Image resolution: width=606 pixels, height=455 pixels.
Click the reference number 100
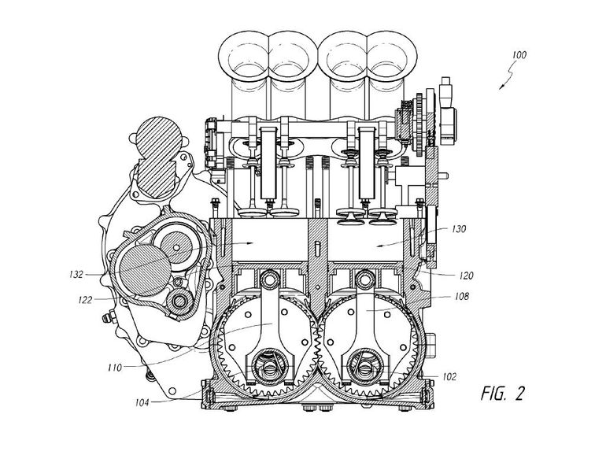(519, 55)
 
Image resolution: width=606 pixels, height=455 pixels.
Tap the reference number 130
(459, 229)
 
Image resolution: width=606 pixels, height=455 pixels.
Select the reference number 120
(466, 276)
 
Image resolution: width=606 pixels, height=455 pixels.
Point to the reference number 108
(462, 297)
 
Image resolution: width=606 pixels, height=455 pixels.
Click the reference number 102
(449, 376)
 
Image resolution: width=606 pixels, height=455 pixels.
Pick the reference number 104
(142, 403)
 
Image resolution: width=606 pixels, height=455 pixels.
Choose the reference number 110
(115, 368)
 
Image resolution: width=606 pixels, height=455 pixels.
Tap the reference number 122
(85, 300)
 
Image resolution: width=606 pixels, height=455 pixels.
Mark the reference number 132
(76, 275)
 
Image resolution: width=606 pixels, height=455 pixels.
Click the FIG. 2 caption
(502, 394)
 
